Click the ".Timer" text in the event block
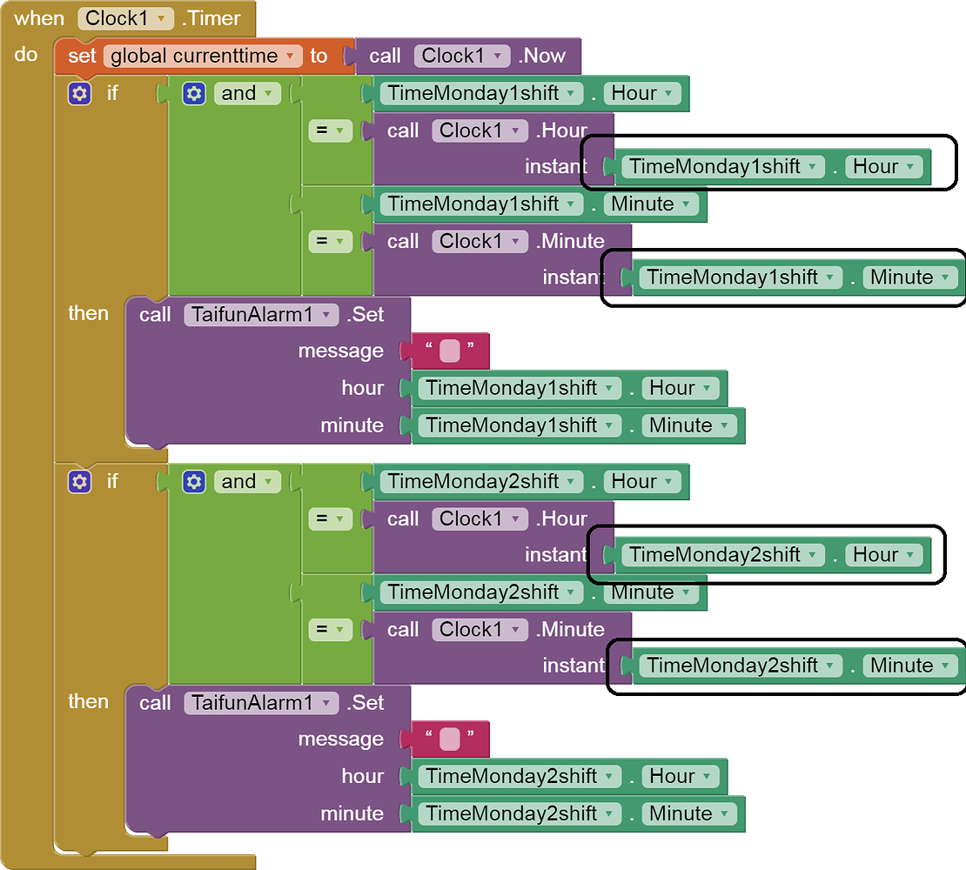[x=211, y=18]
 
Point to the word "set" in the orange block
[x=82, y=57]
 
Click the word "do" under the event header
[x=26, y=55]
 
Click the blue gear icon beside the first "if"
[x=79, y=94]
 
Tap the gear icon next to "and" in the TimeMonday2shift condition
[x=194, y=482]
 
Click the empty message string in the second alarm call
[x=449, y=739]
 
